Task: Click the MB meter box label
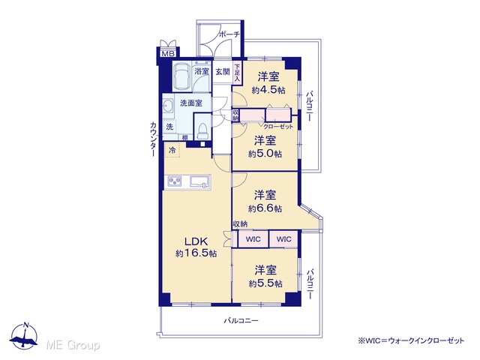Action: tap(168, 54)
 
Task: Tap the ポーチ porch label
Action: tap(229, 34)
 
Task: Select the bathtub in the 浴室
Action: tap(181, 76)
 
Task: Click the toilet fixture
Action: tap(203, 130)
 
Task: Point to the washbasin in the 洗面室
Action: tap(168, 107)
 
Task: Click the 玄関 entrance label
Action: tap(223, 72)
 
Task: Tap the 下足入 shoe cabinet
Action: tap(237, 72)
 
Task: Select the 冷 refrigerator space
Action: tap(172, 150)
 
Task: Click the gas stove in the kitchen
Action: tap(175, 181)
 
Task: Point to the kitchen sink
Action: tap(200, 181)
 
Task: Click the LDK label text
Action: tap(196, 241)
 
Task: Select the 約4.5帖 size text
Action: tap(268, 90)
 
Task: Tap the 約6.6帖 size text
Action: tap(265, 208)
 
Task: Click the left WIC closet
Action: tap(253, 238)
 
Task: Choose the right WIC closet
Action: tap(283, 238)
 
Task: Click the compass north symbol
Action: tap(23, 336)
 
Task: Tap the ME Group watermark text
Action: tap(73, 346)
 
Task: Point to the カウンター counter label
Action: tap(153, 139)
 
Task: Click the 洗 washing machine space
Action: tap(169, 127)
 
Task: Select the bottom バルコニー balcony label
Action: tap(241, 321)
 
